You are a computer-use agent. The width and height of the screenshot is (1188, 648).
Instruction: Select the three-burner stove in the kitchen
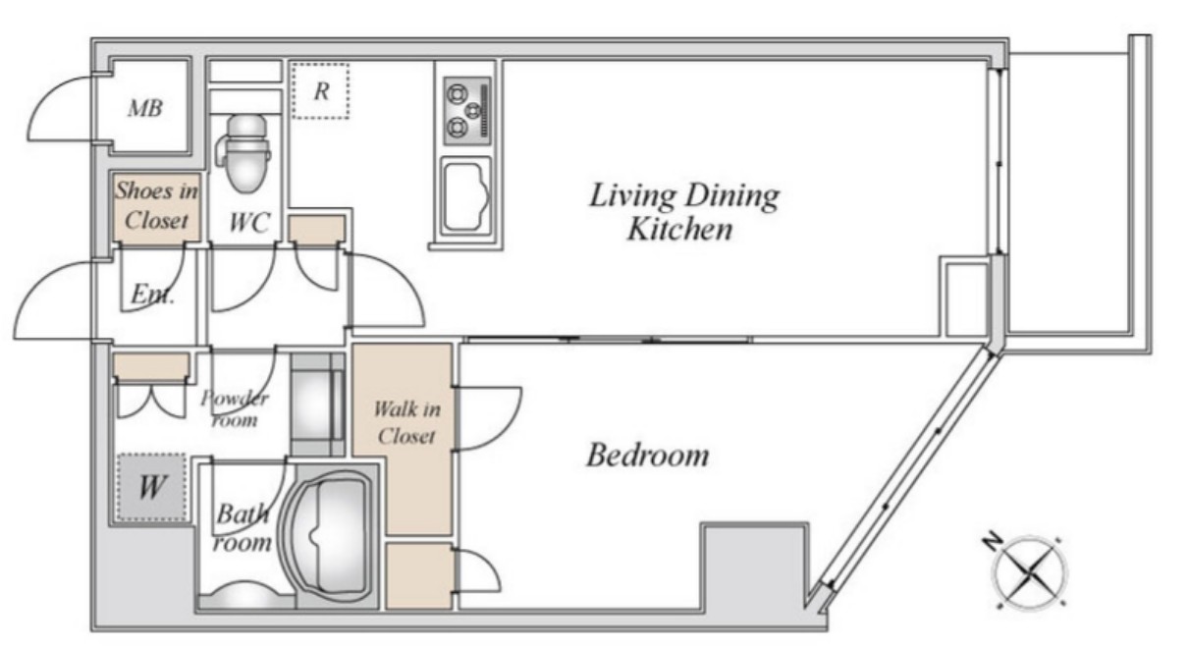click(x=467, y=111)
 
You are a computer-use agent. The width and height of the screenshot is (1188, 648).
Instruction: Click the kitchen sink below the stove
click(x=466, y=195)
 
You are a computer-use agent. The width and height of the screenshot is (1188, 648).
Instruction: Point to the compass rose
click(x=1028, y=572)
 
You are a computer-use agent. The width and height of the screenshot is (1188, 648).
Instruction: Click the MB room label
click(x=144, y=108)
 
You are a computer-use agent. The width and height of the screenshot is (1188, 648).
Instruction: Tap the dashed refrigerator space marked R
click(x=320, y=90)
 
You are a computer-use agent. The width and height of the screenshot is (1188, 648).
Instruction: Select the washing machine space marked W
click(x=151, y=487)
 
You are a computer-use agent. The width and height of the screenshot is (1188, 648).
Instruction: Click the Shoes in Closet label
click(x=157, y=205)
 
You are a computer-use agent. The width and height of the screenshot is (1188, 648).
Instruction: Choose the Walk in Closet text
click(x=406, y=422)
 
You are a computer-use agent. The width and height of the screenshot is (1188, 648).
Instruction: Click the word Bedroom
click(x=647, y=455)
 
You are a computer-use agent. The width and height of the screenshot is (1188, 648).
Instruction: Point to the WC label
click(x=249, y=223)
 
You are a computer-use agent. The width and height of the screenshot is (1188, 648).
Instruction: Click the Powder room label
click(x=235, y=408)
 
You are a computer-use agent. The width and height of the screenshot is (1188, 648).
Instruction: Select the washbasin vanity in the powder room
click(x=317, y=405)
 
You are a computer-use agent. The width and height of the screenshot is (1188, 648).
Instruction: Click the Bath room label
click(x=243, y=528)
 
